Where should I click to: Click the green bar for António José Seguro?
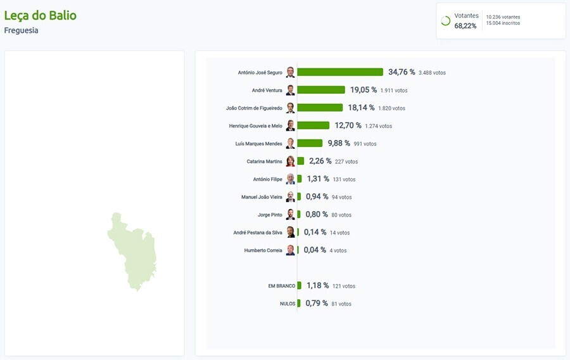[x=340, y=72]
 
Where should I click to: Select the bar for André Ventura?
[x=321, y=90]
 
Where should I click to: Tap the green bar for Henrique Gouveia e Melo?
[x=313, y=125]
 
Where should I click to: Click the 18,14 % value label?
[x=361, y=108]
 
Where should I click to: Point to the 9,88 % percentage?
[x=339, y=143]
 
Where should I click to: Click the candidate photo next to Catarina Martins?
[x=290, y=161]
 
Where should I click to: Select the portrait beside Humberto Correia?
[x=290, y=250]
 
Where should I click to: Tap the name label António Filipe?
[x=267, y=179]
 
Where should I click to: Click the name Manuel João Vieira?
[x=262, y=197]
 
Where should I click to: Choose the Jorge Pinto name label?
[x=270, y=215]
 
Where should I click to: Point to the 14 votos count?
[x=339, y=233]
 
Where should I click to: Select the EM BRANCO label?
[x=282, y=286]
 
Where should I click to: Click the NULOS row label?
[x=288, y=304]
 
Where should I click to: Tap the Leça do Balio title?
[x=41, y=15]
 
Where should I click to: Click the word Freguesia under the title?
[x=21, y=30]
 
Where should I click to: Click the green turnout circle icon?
[x=445, y=21]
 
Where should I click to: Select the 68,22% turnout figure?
[x=465, y=26]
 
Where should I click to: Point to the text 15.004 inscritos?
[x=503, y=23]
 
